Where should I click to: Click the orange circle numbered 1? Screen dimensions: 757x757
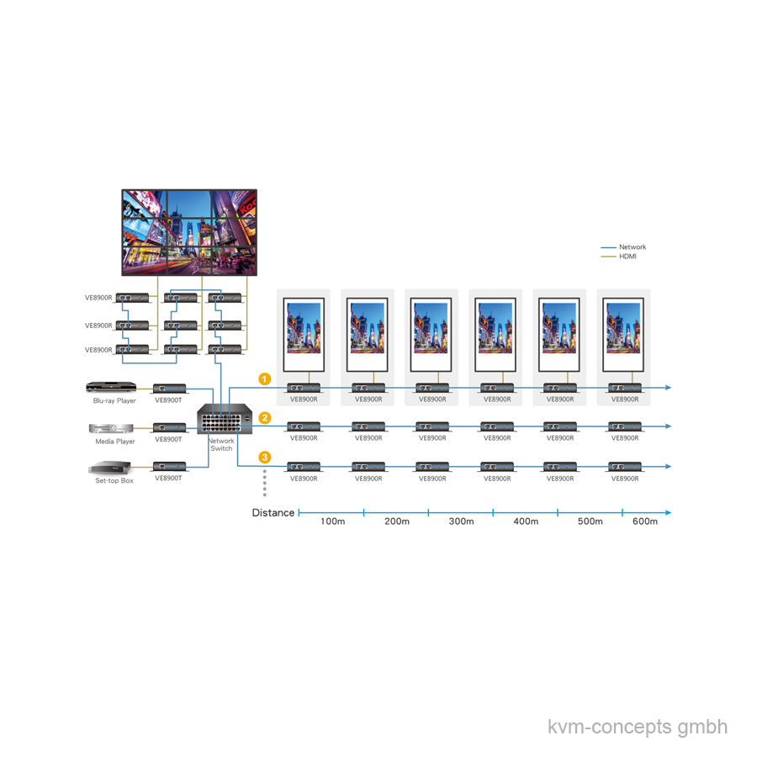tap(265, 379)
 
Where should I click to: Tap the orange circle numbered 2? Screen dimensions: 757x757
tap(265, 417)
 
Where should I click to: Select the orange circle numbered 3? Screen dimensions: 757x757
tap(265, 457)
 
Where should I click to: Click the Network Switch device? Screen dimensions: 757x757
tap(225, 419)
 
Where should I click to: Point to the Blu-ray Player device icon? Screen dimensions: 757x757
tap(111, 387)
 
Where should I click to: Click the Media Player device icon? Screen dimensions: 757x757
tap(111, 428)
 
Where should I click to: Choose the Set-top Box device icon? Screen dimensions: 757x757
tap(110, 468)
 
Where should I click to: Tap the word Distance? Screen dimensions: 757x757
tap(273, 513)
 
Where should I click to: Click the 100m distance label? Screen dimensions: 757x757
tap(332, 521)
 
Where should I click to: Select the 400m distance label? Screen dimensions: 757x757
tap(526, 521)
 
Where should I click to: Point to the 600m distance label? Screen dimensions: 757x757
tap(645, 521)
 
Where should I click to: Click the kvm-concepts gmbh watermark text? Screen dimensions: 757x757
tap(638, 727)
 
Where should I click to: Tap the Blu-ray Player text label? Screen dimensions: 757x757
tap(114, 400)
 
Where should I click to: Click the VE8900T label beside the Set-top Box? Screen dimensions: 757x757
tap(168, 478)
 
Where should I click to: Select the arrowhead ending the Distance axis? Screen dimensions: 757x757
tap(668, 512)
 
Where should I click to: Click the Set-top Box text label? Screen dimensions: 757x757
tap(114, 480)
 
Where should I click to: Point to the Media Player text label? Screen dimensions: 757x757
tap(115, 442)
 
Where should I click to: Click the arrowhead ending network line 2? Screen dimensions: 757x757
tap(668, 426)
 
